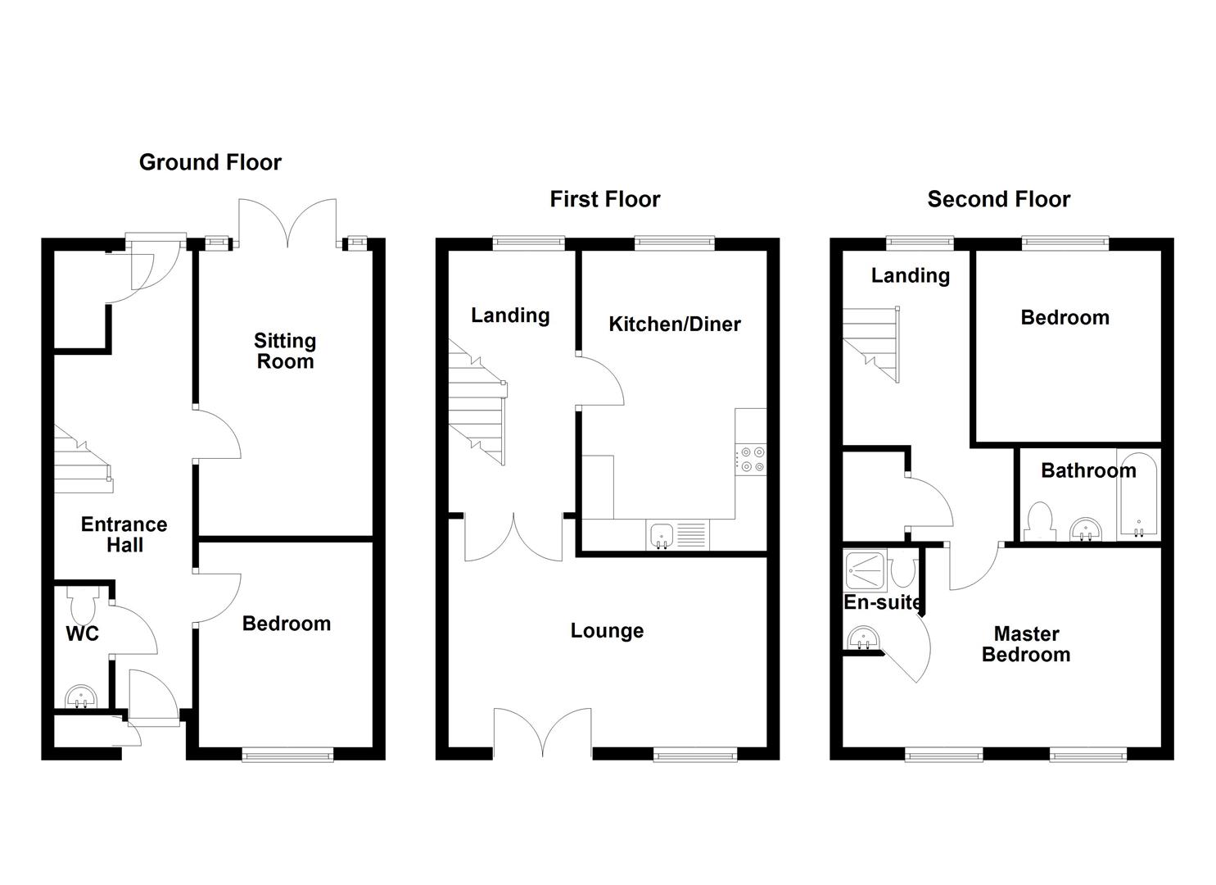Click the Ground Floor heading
(210, 162)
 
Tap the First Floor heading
(604, 199)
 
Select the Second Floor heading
(998, 199)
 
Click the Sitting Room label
(284, 351)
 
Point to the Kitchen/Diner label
(674, 324)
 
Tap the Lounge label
(607, 631)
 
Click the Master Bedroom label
(1026, 644)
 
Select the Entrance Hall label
(124, 534)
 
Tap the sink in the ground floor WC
(81, 697)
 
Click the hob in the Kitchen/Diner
(751, 459)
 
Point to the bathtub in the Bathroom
(1138, 495)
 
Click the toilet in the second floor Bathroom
(1039, 522)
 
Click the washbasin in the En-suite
(861, 638)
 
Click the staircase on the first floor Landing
(477, 406)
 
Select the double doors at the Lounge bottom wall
(543, 732)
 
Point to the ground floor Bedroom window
(287, 754)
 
